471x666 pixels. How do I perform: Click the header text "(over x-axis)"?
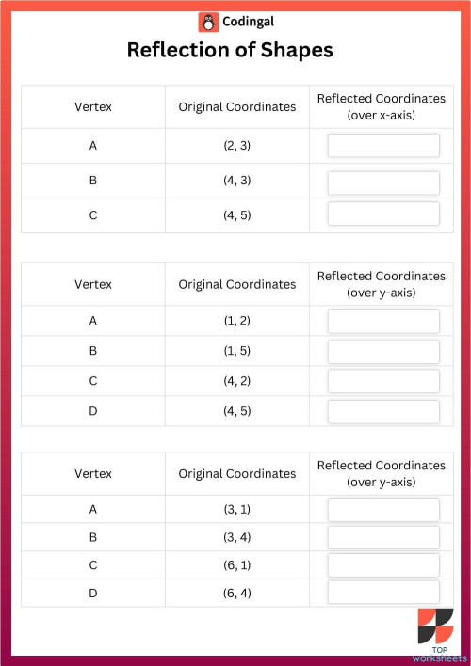click(x=382, y=115)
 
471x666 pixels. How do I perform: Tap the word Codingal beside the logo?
click(x=249, y=22)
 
